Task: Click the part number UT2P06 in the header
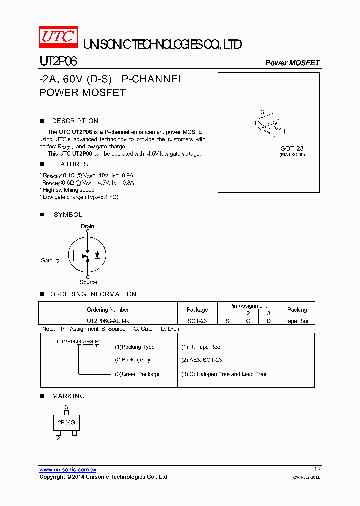click(x=58, y=62)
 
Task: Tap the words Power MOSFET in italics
click(x=292, y=63)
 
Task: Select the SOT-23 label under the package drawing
click(x=292, y=148)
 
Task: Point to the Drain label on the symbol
click(x=87, y=226)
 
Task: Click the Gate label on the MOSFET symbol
click(x=46, y=260)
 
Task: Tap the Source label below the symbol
click(x=88, y=282)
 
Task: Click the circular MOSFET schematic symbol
click(x=87, y=254)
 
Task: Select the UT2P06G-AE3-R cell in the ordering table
click(x=108, y=321)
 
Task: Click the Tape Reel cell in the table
click(x=297, y=321)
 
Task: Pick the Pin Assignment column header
click(x=248, y=306)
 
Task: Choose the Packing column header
click(x=297, y=310)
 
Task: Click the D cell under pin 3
click(x=269, y=321)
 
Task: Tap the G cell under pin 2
click(x=248, y=321)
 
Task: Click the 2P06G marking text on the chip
click(x=66, y=422)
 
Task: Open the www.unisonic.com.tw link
click(x=68, y=470)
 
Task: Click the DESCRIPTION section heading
click(x=75, y=121)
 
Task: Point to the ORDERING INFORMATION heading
click(x=93, y=294)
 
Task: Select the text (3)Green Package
click(x=137, y=374)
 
